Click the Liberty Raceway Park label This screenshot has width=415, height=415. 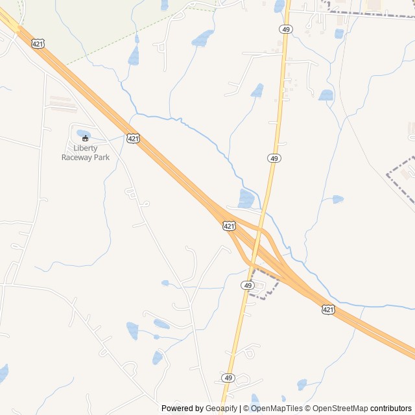pos(85,152)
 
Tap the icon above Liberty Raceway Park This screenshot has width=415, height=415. pos(85,138)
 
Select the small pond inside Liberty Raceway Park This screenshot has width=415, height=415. pos(84,134)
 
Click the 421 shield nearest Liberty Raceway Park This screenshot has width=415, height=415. pos(133,139)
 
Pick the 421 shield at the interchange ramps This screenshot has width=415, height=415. pos(228,226)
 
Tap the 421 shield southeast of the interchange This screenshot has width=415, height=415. pos(328,310)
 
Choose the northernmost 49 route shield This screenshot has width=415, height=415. pos(286,29)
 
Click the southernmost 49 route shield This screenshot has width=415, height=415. pos(228,377)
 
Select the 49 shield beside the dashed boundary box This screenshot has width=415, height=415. pos(248,285)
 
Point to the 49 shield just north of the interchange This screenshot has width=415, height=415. pos(274,158)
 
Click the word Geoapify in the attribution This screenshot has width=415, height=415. pos(222,409)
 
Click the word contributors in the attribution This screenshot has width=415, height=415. pos(391,409)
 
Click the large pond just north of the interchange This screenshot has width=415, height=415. pos(246,198)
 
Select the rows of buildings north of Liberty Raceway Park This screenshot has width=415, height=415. pos(63,104)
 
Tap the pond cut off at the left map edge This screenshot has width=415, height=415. pos(3,373)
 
